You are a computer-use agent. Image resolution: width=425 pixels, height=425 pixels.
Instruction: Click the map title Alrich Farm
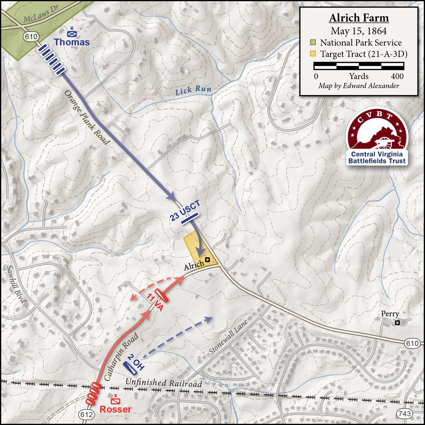(359, 18)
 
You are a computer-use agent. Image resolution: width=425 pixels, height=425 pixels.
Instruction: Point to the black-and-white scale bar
(359, 66)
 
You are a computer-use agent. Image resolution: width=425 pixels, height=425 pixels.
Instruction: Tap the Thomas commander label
(72, 42)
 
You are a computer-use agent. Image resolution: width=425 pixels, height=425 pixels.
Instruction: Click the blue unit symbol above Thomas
(72, 33)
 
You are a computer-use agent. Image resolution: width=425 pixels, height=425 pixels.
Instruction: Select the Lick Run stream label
(193, 91)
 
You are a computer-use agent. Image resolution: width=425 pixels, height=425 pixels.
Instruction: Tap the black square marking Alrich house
(208, 260)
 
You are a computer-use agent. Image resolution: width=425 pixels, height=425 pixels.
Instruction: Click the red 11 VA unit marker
(161, 295)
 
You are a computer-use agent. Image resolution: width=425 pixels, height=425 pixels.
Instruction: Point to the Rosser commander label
(115, 409)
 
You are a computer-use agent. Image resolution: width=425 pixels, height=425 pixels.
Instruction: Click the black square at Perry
(397, 322)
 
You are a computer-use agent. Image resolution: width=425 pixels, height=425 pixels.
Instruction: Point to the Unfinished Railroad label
(164, 383)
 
